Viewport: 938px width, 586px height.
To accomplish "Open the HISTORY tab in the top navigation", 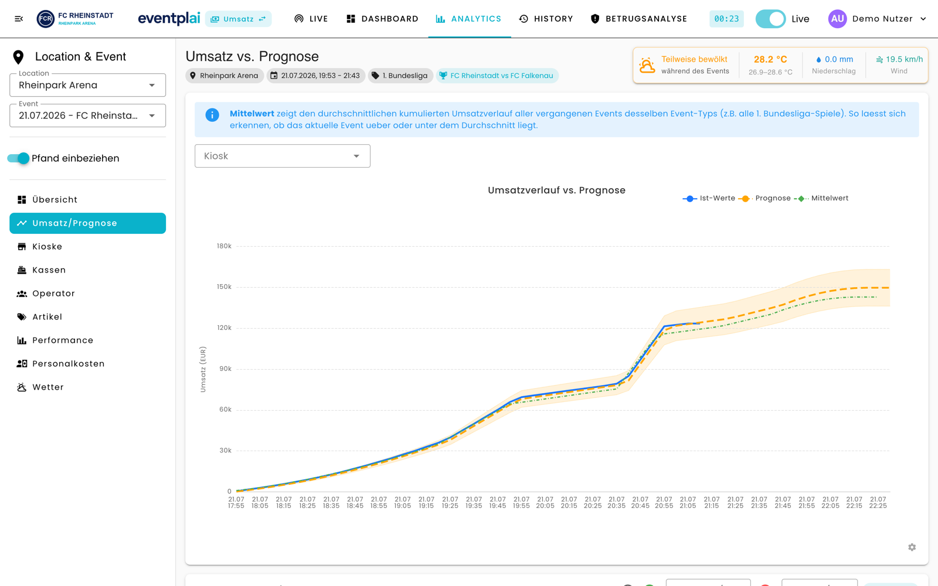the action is tap(546, 19).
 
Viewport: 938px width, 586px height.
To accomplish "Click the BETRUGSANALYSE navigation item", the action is tap(638, 19).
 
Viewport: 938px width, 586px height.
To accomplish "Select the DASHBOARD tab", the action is tap(382, 19).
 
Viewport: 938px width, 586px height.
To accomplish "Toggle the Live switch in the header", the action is tap(770, 19).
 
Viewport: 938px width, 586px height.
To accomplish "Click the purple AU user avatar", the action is tap(837, 19).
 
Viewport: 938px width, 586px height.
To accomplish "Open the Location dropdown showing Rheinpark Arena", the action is tap(87, 85).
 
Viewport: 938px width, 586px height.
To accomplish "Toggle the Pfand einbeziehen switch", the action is tap(18, 158).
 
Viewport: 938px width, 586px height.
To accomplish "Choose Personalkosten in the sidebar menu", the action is tap(61, 364).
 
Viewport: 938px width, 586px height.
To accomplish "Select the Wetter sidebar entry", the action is tap(40, 387).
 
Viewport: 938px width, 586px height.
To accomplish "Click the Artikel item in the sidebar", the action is tap(39, 317).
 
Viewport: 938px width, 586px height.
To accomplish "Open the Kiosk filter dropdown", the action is tap(282, 156).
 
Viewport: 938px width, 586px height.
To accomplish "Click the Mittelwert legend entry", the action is tap(821, 199).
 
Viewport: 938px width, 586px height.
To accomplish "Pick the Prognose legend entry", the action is tap(764, 199).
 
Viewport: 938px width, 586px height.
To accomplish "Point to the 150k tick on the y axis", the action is tap(224, 287).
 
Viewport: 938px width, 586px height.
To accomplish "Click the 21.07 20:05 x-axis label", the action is tap(545, 502).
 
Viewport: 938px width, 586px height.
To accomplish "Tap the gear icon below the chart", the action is tap(912, 547).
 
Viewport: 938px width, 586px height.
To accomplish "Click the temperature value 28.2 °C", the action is tap(770, 59).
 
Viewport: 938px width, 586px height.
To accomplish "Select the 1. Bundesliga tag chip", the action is tap(400, 76).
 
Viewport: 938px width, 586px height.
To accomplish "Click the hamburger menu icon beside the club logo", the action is tap(19, 19).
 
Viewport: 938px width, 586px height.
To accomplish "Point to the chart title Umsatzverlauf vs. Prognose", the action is tap(556, 190).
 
